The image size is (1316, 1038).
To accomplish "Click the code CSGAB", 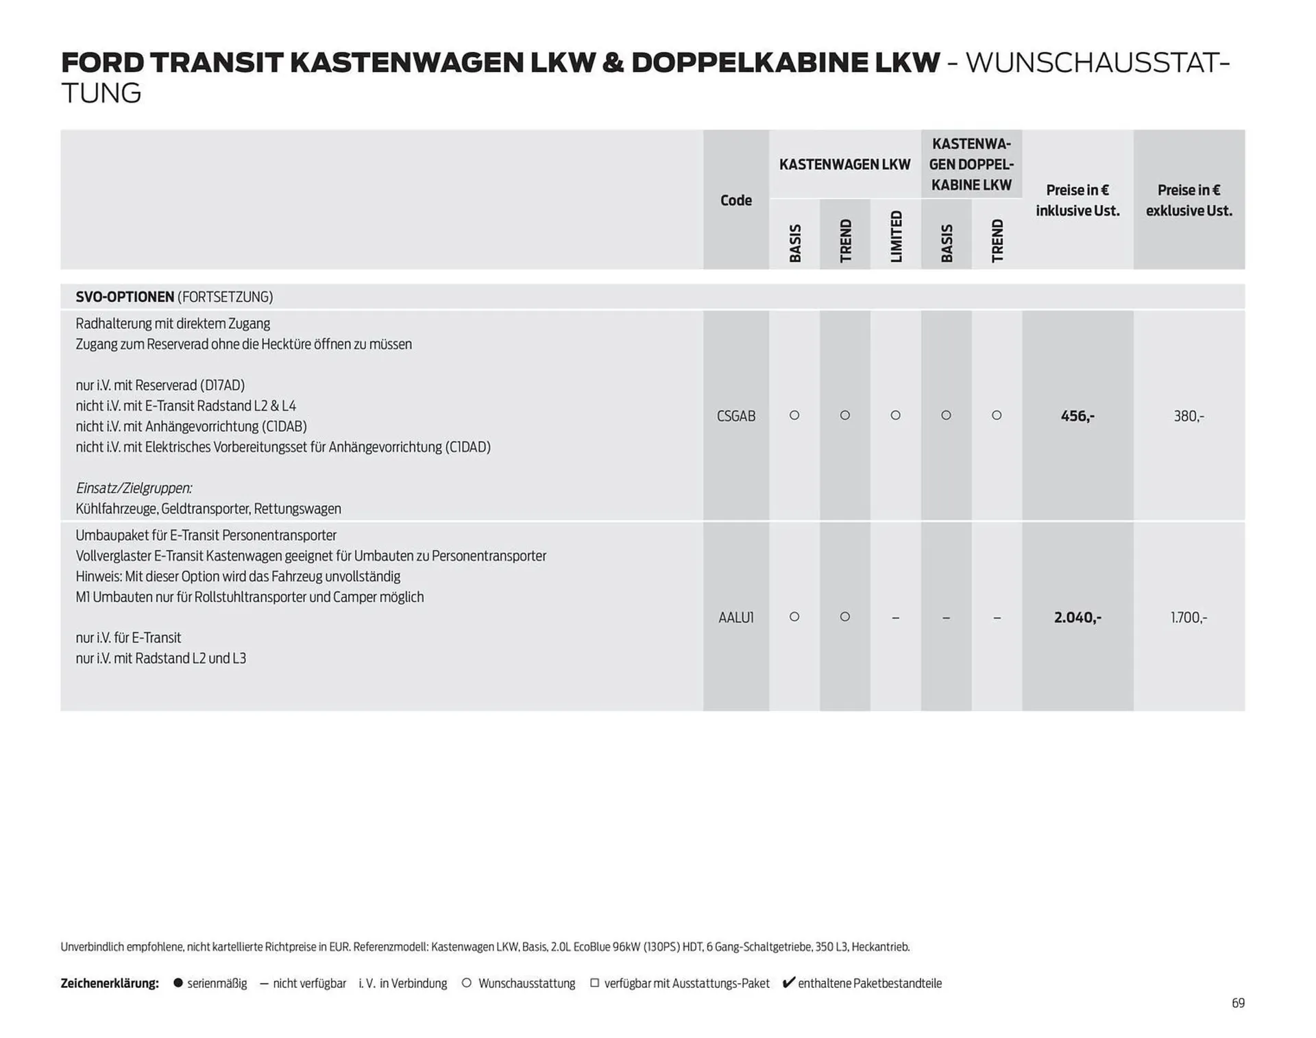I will (x=735, y=416).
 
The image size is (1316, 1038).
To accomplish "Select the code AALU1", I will (x=735, y=618).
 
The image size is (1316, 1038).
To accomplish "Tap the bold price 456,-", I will (x=1077, y=416).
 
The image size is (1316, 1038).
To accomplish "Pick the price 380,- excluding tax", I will (x=1189, y=416).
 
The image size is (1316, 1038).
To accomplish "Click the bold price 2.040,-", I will (x=1077, y=618).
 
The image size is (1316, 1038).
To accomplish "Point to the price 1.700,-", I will (x=1189, y=618).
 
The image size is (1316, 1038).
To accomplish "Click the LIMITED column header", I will (x=896, y=237).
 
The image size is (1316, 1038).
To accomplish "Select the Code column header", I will (x=735, y=200).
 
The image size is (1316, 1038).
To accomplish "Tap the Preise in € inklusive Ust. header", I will (x=1077, y=200).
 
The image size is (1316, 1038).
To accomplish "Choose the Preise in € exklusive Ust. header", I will (x=1189, y=200).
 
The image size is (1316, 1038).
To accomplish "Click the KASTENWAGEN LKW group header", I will (x=844, y=165).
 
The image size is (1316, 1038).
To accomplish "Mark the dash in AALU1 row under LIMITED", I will (x=895, y=618).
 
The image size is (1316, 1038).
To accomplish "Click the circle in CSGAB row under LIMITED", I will (x=895, y=415).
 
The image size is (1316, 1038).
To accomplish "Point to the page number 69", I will (x=1238, y=1003).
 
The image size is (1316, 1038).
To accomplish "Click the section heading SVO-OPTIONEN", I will (x=125, y=297).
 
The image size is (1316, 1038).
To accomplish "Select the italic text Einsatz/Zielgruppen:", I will (x=134, y=488).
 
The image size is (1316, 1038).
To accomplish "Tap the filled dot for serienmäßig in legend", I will (x=178, y=983).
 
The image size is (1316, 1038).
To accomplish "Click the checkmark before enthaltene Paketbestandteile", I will (x=788, y=982).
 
